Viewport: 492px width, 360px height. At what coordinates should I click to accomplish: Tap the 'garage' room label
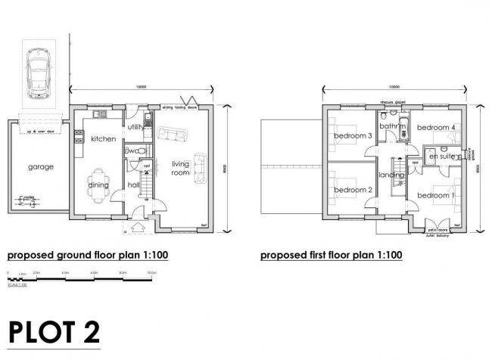coord(42,166)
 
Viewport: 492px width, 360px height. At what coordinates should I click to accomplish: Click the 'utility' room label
coord(135,127)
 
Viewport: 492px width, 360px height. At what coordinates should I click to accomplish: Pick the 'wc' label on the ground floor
coord(132,151)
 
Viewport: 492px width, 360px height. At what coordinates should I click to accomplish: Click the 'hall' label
coord(134,184)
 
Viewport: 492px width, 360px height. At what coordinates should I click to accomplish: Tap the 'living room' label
coord(180,168)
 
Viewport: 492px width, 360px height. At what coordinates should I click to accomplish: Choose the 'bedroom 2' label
coord(353,189)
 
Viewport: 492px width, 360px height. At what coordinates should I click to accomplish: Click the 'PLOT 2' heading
coord(53,332)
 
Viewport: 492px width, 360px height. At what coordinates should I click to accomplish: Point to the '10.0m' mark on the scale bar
coord(151,272)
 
